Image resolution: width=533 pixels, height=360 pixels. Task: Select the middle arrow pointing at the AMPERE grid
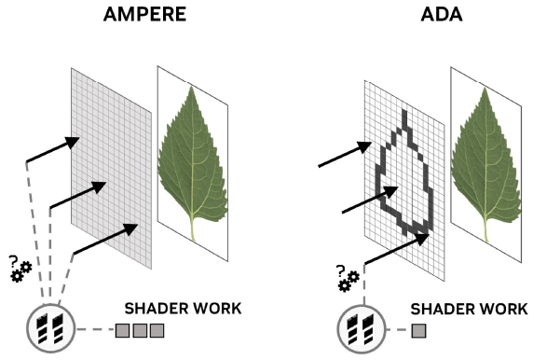tap(84, 196)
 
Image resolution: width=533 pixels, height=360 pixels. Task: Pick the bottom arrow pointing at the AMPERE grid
tap(107, 239)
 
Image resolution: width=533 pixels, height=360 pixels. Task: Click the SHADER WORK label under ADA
tap(470, 308)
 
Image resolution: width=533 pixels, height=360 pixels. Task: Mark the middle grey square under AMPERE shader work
tap(140, 329)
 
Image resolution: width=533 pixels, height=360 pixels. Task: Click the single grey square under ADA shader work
tap(419, 329)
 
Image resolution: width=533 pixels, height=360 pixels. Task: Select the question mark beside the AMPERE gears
tap(11, 262)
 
